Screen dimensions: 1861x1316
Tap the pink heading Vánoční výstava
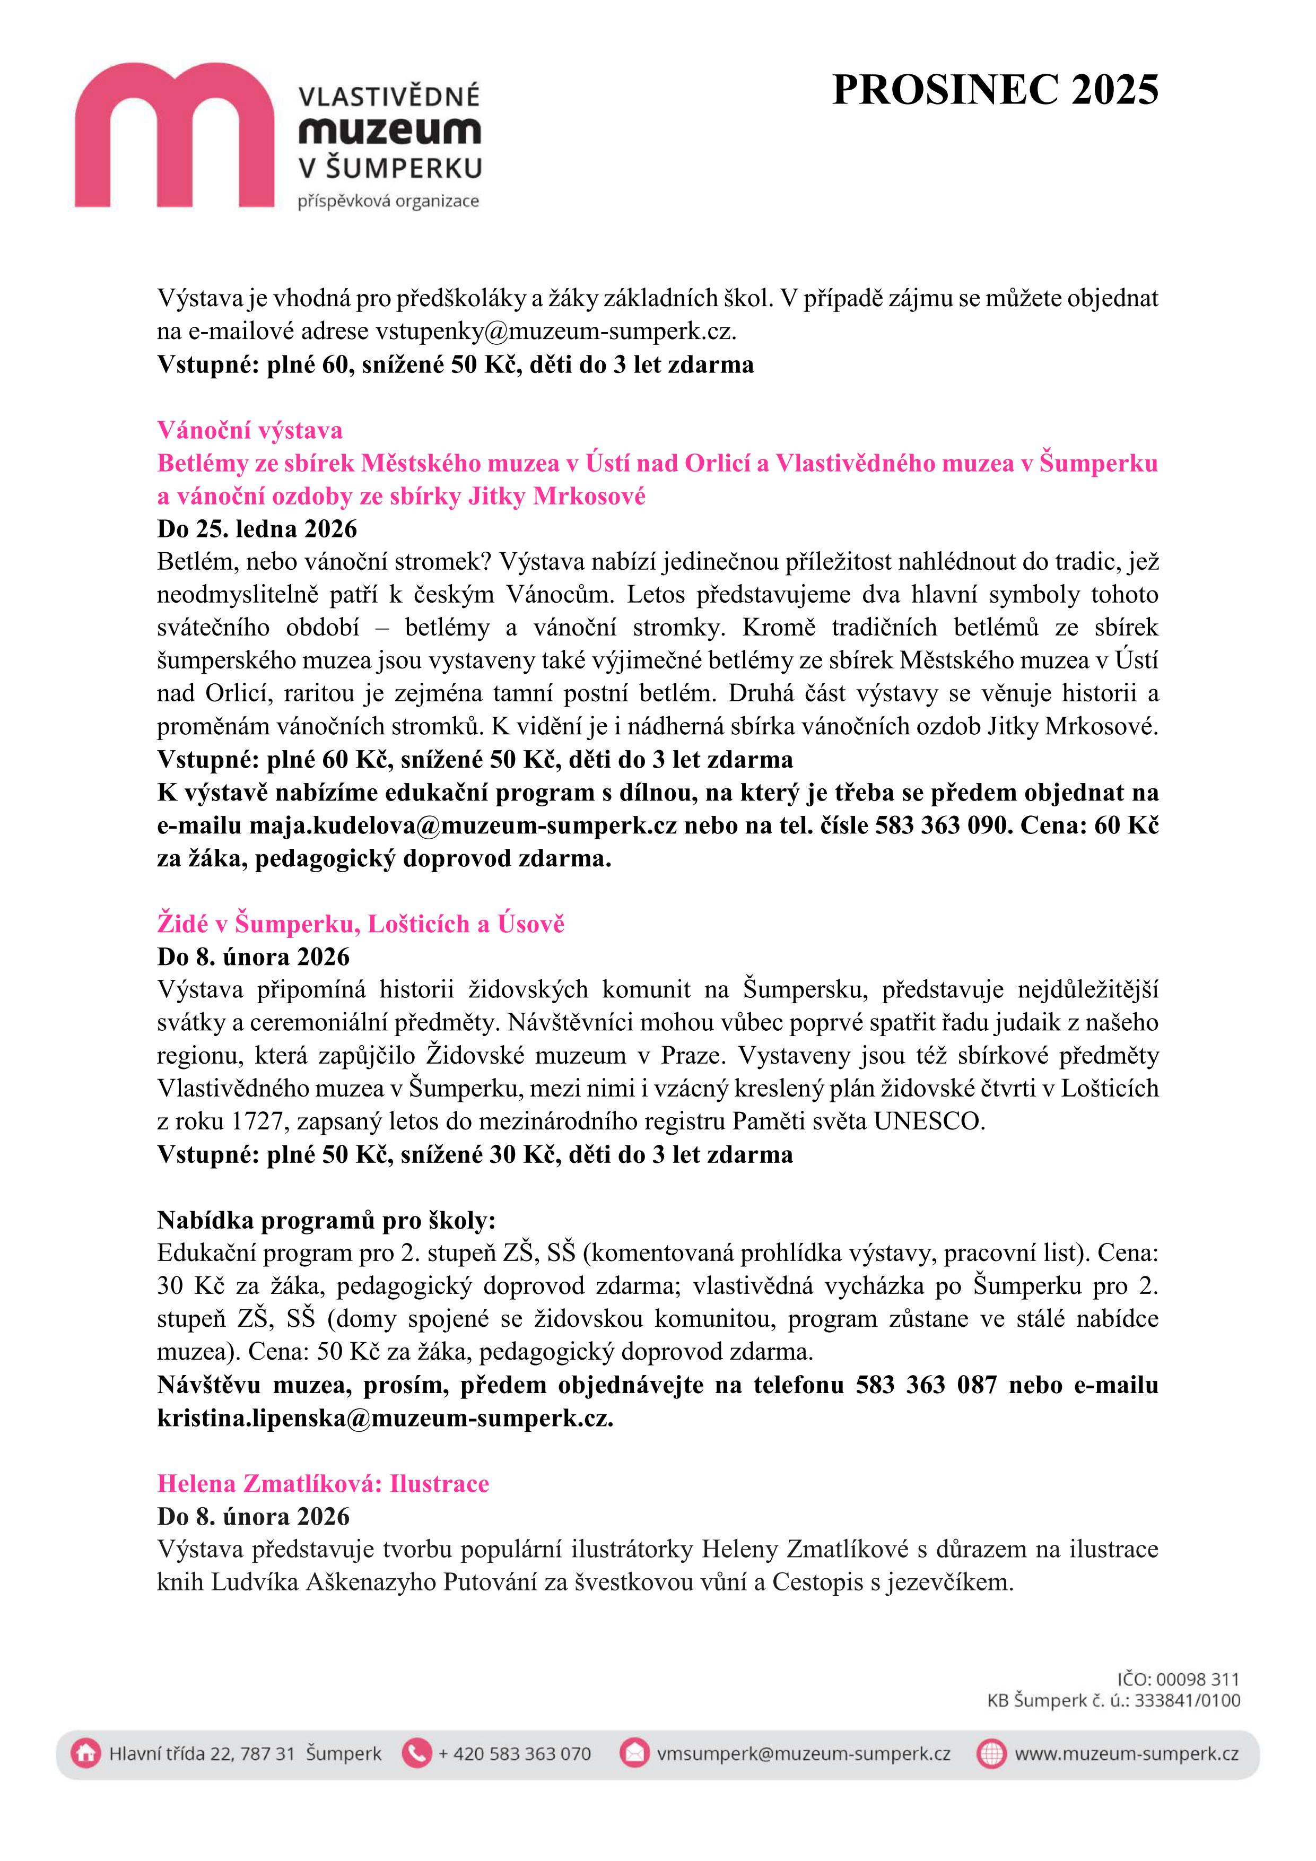[x=250, y=430]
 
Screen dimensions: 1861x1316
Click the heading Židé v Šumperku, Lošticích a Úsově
[x=361, y=924]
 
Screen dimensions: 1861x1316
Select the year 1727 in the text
[x=257, y=1122]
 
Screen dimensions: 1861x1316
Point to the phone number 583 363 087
[x=926, y=1385]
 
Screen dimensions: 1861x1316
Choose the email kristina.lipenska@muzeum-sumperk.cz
[x=385, y=1418]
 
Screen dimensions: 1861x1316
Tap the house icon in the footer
[x=85, y=1754]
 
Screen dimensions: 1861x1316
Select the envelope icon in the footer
[x=634, y=1754]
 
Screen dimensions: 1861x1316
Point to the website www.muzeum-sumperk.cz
[x=1127, y=1754]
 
